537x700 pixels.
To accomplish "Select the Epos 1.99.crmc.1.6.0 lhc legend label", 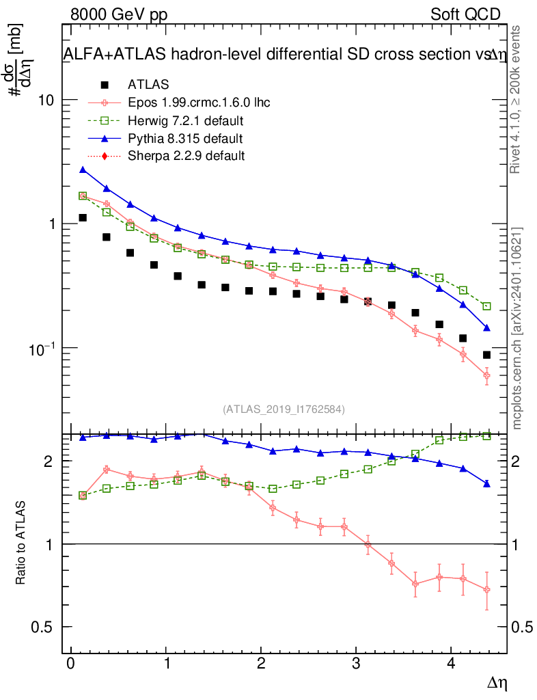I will pyautogui.click(x=199, y=103).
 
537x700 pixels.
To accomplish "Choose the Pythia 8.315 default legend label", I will pyautogui.click(x=185, y=139).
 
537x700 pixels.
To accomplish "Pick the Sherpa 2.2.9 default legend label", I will pyautogui.click(x=186, y=156).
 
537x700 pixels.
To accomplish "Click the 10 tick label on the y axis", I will pyautogui.click(x=45, y=100).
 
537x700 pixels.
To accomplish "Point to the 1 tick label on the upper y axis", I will pyautogui.click(x=52, y=224).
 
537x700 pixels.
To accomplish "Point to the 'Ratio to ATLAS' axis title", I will pyautogui.click(x=21, y=543).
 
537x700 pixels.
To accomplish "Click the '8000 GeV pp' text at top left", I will pyautogui.click(x=119, y=14).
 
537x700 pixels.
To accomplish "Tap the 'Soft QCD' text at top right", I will pyautogui.click(x=465, y=14).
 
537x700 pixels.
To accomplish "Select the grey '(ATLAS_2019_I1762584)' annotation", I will pyautogui.click(x=284, y=409).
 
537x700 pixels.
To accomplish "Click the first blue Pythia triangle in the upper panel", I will pyautogui.click(x=83, y=170).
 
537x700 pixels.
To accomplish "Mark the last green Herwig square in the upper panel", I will pyautogui.click(x=486, y=306).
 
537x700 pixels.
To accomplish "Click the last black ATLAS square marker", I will pyautogui.click(x=486, y=355).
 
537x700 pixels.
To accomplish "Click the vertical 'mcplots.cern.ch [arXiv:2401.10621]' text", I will pyautogui.click(x=517, y=328).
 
